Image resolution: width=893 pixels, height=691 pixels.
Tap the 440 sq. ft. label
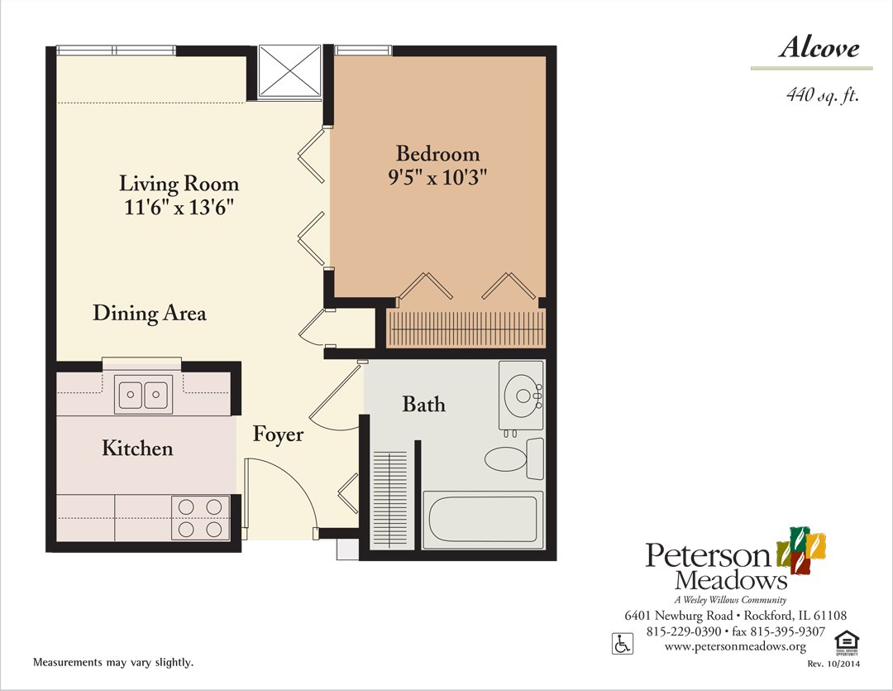(823, 96)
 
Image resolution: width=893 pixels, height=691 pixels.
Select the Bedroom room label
(437, 154)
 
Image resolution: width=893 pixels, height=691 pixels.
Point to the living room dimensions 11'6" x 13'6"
(179, 207)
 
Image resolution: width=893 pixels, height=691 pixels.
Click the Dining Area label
(150, 314)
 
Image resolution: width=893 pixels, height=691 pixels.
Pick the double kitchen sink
(144, 394)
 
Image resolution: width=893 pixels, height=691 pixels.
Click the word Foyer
(278, 434)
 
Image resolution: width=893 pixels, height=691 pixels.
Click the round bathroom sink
(523, 396)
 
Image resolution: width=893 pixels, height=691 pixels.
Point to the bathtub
(483, 517)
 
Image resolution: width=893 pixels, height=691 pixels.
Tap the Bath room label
(423, 405)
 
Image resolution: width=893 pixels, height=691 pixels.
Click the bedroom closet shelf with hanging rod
(466, 329)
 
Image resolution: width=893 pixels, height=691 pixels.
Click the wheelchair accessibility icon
(621, 643)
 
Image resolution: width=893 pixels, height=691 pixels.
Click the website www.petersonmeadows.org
(735, 646)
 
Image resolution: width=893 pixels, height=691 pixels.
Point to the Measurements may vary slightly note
(113, 663)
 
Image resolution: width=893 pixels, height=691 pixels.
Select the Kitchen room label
(137, 449)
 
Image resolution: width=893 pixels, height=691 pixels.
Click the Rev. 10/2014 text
(833, 665)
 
